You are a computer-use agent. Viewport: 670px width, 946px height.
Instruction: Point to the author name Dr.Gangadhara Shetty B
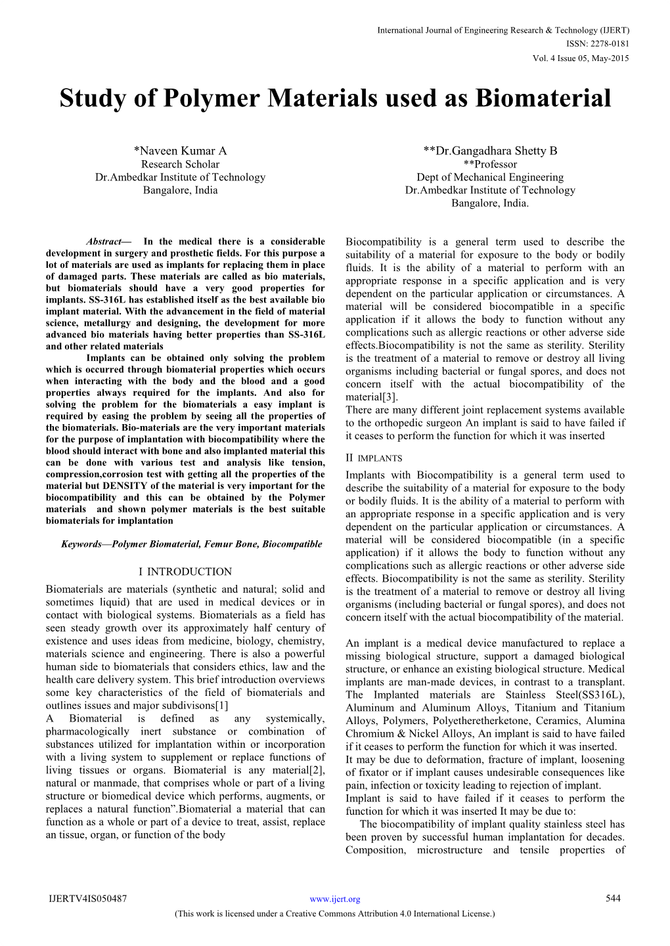tap(490, 151)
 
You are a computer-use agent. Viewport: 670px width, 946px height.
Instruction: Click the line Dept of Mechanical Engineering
tap(490, 177)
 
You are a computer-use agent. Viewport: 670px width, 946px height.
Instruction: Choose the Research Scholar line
tap(180, 164)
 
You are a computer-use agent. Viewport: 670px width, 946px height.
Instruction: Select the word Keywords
tap(81, 544)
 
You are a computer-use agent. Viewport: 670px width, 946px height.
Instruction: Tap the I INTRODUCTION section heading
tap(185, 572)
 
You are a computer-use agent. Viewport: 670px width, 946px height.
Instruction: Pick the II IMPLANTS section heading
tap(374, 458)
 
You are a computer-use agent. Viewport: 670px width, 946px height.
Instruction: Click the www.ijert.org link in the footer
tap(335, 899)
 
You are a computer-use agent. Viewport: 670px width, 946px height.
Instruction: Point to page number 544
tap(613, 899)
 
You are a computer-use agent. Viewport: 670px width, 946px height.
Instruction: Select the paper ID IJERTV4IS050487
tap(88, 899)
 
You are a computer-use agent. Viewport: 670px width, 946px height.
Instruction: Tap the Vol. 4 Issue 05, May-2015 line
tap(581, 58)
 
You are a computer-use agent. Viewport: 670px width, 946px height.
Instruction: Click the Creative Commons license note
tap(335, 913)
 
